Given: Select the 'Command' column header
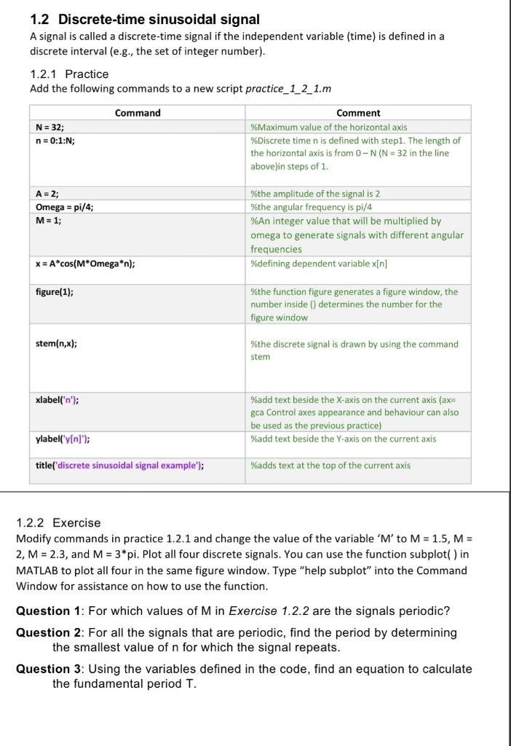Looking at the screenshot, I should pyautogui.click(x=138, y=113).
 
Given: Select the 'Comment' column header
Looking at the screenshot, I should pyautogui.click(x=358, y=113).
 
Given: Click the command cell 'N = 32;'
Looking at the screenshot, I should pyautogui.click(x=50, y=127).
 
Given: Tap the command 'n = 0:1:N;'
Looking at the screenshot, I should pyautogui.click(x=55, y=141).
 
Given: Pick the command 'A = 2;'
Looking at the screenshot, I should pyautogui.click(x=47, y=194).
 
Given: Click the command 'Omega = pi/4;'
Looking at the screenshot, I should pyautogui.click(x=65, y=207).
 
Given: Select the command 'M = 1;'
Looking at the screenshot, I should pyautogui.click(x=49, y=221).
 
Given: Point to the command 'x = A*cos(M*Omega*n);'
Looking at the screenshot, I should pyautogui.click(x=85, y=264).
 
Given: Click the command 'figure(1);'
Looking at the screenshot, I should pyautogui.click(x=55, y=291).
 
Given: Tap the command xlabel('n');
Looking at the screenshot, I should pyautogui.click(x=58, y=399).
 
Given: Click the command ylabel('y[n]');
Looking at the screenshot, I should pyautogui.click(x=63, y=439).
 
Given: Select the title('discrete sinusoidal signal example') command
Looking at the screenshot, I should pyautogui.click(x=119, y=465).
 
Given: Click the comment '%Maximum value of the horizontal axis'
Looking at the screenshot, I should pyautogui.click(x=328, y=127).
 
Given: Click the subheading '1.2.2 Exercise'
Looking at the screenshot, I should pyautogui.click(x=58, y=522).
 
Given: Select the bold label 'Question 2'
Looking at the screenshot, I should pyautogui.click(x=49, y=632).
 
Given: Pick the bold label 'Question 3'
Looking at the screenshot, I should pyautogui.click(x=49, y=669).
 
